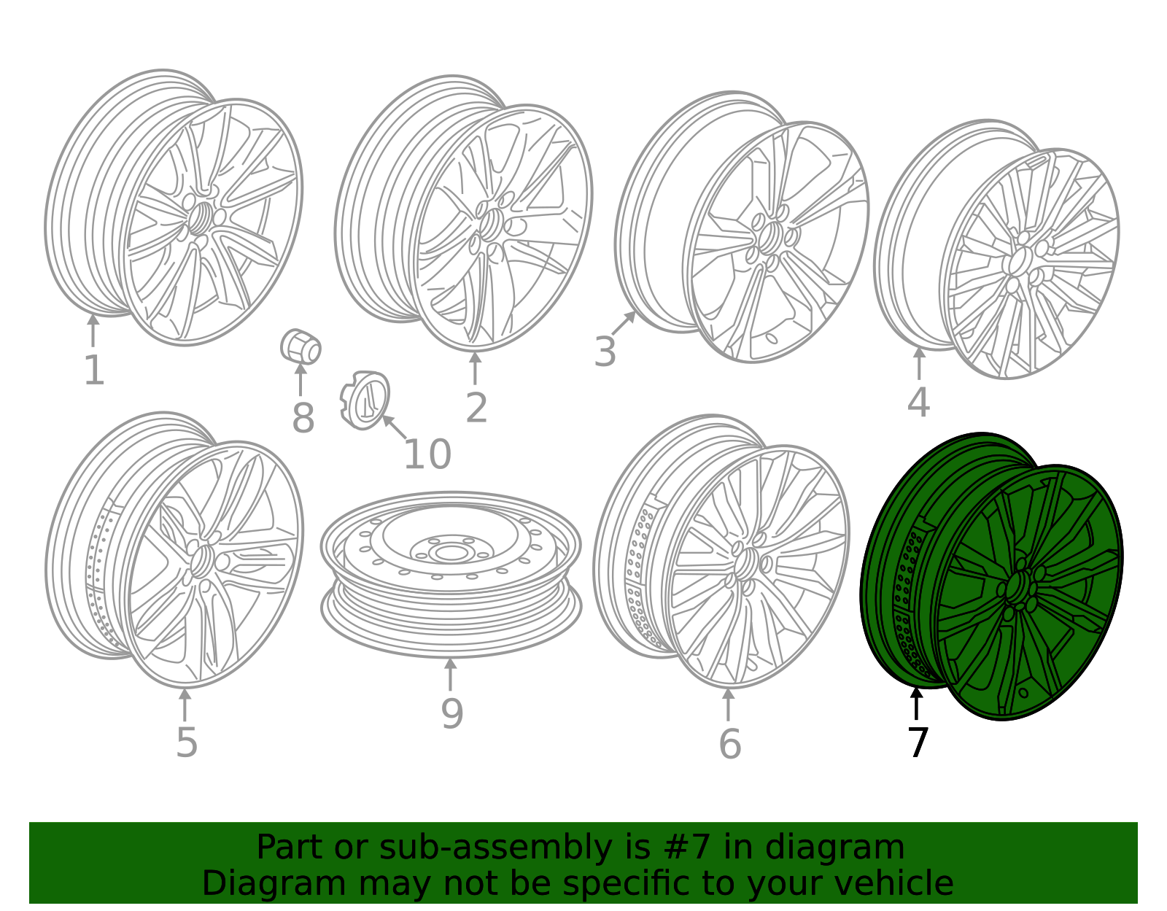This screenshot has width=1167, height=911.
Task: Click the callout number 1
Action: click(95, 370)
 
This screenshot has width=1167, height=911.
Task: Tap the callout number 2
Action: click(476, 408)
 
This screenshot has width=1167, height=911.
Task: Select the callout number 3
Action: click(605, 352)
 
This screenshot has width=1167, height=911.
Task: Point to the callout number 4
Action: click(918, 402)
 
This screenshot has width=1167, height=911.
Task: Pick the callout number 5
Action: click(187, 743)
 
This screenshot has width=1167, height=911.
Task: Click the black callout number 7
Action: click(918, 743)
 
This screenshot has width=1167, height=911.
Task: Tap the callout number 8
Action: click(303, 418)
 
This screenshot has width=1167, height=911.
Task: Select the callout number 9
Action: click(451, 713)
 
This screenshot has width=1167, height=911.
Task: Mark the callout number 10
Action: click(427, 454)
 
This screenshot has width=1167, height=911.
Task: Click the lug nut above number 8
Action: click(301, 346)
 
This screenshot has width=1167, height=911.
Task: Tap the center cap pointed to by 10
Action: click(365, 400)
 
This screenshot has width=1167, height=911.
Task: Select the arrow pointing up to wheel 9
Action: click(451, 675)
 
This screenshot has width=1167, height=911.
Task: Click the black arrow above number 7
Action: click(916, 703)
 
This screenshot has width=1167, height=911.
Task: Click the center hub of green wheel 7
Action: click(1016, 585)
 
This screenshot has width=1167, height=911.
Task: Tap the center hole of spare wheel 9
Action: click(451, 552)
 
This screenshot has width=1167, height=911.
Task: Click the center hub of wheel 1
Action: click(200, 218)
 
